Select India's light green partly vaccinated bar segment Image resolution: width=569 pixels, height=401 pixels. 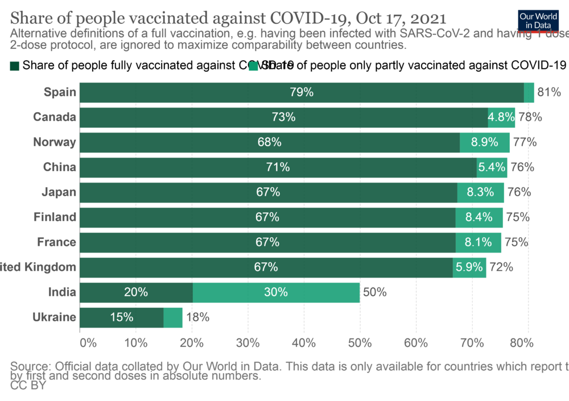click(276, 292)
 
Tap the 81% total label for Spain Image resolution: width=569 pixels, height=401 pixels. click(549, 92)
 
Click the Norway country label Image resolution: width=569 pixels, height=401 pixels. click(55, 142)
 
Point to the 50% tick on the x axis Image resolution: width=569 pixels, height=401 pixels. click(360, 343)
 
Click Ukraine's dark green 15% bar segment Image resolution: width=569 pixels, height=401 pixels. click(122, 317)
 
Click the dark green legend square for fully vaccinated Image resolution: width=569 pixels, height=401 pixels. click(15, 66)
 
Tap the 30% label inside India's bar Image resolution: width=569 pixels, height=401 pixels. click(276, 292)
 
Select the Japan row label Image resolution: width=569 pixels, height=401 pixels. click(59, 192)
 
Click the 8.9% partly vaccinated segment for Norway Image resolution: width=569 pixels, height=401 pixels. click(484, 142)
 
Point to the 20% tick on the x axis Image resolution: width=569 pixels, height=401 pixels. click(192, 343)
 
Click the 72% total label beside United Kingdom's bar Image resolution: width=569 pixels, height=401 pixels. click(501, 267)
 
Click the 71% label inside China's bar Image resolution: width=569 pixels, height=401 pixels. click(278, 167)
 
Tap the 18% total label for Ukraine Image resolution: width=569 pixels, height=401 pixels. click(197, 317)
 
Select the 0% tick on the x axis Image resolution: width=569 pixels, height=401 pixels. click(88, 343)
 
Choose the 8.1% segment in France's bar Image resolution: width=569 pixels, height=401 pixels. click(478, 242)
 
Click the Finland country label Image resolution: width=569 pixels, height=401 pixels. click(55, 217)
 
